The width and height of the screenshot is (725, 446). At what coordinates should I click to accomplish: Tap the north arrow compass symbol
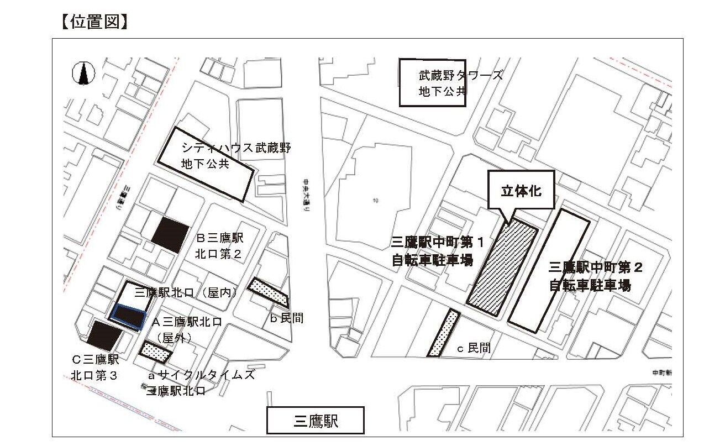[x=83, y=73]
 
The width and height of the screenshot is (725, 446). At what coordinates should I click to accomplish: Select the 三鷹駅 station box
[x=316, y=421]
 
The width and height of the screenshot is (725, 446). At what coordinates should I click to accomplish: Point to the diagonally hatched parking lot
[x=502, y=268]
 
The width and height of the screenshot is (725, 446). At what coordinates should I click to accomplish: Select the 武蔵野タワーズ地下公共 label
[x=442, y=83]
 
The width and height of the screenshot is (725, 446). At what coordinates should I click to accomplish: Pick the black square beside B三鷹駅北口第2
[x=170, y=234]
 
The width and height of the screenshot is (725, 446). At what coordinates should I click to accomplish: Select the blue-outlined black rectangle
[x=128, y=317]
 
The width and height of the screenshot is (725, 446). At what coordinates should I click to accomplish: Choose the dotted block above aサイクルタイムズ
[x=155, y=351]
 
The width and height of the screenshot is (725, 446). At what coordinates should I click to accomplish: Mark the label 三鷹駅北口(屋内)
[x=185, y=292]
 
